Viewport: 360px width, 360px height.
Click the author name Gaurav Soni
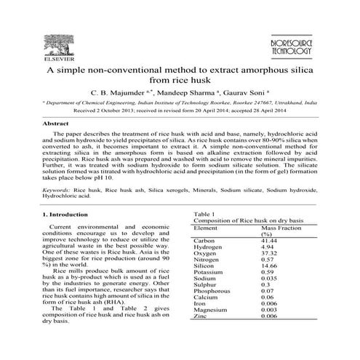click(247, 94)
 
